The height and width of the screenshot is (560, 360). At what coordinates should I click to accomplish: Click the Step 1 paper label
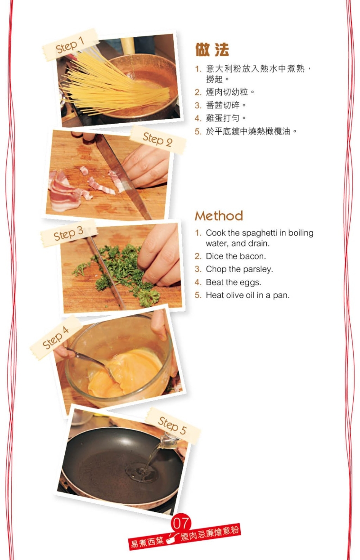pyautogui.click(x=70, y=45)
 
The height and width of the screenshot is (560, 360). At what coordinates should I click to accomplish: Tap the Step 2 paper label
pyautogui.click(x=157, y=139)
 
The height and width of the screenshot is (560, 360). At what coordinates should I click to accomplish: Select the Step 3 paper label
pyautogui.click(x=68, y=233)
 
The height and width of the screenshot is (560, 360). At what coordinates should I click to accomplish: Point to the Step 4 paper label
pyautogui.click(x=56, y=337)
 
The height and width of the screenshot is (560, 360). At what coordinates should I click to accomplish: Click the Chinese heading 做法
pyautogui.click(x=212, y=50)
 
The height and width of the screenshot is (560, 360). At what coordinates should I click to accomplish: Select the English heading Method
pyautogui.click(x=219, y=216)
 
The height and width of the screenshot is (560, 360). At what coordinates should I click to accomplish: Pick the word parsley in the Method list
pyautogui.click(x=259, y=269)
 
